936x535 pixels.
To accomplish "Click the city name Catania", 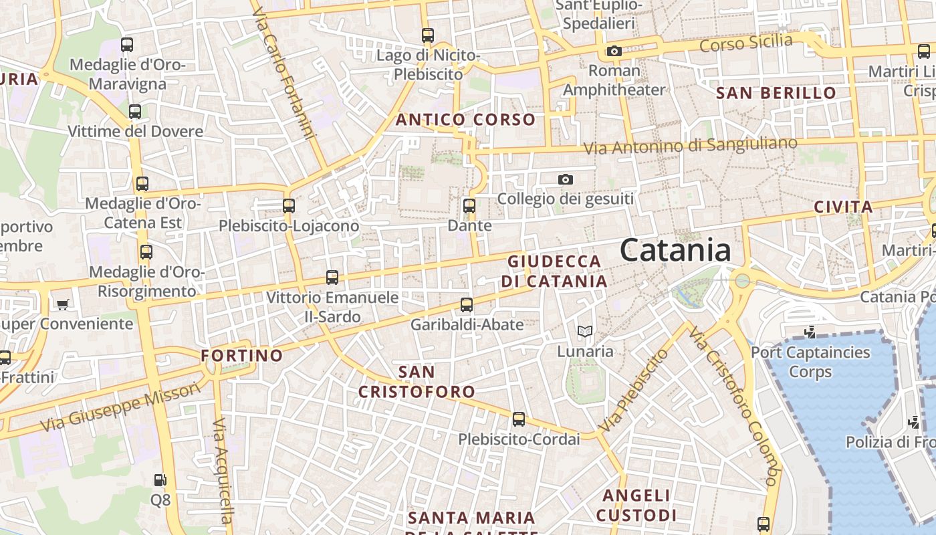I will [675, 251].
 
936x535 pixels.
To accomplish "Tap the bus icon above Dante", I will [469, 205].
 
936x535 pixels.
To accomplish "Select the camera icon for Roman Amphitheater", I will [614, 51].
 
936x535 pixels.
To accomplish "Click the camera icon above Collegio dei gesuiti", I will [566, 179].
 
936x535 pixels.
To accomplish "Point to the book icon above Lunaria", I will [585, 331].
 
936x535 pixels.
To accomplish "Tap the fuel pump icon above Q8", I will [160, 479].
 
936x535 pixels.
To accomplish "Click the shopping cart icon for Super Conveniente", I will [63, 304].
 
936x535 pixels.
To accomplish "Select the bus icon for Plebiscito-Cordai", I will [519, 419].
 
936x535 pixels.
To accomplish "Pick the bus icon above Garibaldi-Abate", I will [467, 305].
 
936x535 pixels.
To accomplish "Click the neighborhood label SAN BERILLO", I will [776, 93].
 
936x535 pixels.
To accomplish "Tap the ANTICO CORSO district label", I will [466, 120].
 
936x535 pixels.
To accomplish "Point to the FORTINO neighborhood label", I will [242, 355].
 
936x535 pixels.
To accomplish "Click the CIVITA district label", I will [843, 207].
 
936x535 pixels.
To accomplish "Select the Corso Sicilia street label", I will [746, 43].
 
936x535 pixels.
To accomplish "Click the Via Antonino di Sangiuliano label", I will [691, 145].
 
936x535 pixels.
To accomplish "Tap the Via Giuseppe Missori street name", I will [121, 406].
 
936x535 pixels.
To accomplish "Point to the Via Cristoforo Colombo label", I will [736, 406].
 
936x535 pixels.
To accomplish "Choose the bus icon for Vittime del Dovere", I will [135, 112].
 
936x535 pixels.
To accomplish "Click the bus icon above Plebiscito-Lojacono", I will [289, 206].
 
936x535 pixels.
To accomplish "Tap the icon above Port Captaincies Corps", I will [810, 332].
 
